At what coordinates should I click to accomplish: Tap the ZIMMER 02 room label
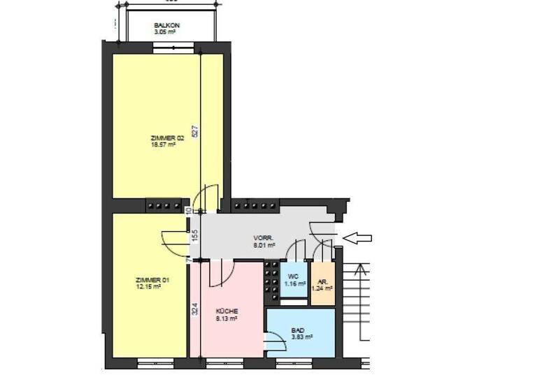click(x=166, y=138)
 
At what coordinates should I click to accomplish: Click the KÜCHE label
click(x=227, y=311)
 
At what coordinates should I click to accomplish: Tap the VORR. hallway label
click(x=264, y=239)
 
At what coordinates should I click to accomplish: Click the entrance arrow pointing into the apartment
click(x=357, y=239)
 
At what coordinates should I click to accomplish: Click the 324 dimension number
click(x=195, y=307)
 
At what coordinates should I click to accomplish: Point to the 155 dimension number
click(x=195, y=235)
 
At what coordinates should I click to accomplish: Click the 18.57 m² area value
click(x=163, y=145)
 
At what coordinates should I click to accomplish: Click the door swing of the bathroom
click(x=276, y=341)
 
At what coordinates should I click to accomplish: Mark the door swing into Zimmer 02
click(x=206, y=198)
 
